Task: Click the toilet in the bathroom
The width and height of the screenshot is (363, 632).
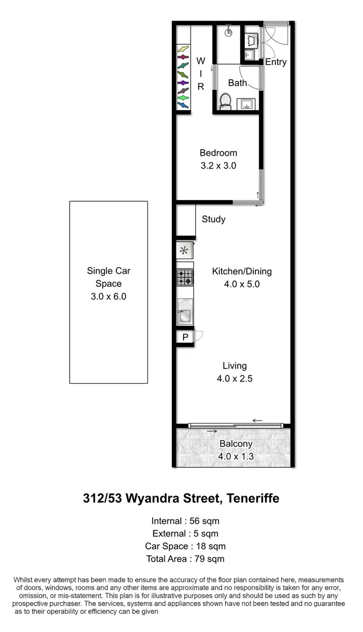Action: point(225,102)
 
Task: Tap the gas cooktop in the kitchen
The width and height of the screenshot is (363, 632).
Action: point(185,277)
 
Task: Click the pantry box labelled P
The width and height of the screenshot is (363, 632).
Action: point(185,337)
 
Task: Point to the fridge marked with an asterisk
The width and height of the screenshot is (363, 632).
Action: point(185,251)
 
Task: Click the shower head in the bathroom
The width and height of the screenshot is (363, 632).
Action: point(229,33)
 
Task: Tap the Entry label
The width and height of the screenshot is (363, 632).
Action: point(276,62)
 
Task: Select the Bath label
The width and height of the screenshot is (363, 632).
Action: point(237,83)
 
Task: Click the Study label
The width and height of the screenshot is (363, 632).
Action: point(213,219)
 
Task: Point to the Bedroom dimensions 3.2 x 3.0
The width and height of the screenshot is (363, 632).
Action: point(218,166)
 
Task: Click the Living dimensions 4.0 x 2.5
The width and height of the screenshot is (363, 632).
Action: point(234,379)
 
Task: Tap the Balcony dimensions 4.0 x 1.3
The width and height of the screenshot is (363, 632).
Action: point(236,456)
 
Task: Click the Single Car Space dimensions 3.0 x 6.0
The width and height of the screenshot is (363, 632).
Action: point(109,296)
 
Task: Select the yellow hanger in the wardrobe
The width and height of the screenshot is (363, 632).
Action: point(183,49)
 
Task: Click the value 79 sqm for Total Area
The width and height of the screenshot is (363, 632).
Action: point(209,559)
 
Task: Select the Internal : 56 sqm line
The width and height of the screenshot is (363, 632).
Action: point(185,520)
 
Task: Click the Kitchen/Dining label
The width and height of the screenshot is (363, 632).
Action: point(241,272)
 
